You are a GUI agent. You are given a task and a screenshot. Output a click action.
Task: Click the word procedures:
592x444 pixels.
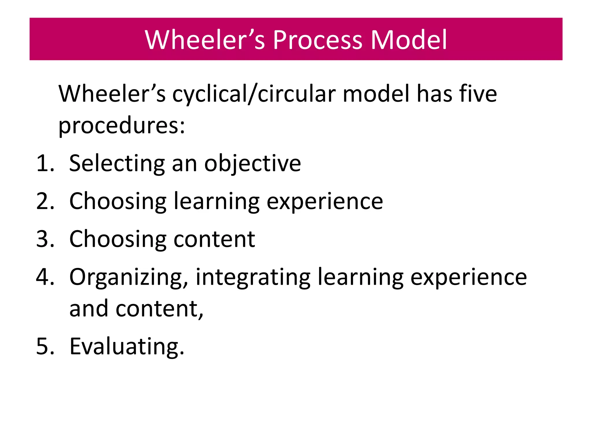coord(122,126)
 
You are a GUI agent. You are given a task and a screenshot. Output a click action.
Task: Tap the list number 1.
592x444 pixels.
coord(45,163)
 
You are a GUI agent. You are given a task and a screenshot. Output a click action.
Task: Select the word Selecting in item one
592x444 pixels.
coord(117,164)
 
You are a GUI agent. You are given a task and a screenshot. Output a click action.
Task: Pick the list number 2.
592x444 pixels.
coord(45,201)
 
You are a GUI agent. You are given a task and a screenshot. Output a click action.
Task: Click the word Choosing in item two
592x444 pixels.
coord(118,202)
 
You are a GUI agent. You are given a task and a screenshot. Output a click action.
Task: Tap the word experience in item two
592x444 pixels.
coord(325,202)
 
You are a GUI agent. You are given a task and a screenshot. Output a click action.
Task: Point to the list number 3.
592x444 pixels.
coord(45,239)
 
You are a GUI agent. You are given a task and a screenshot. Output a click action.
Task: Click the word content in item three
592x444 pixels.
coord(214,240)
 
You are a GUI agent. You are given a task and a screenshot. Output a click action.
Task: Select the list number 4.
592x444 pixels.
coord(45,277)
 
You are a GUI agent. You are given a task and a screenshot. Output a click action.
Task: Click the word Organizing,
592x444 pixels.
coord(129,277)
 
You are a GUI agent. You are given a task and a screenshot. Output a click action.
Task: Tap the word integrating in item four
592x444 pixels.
coord(253,277)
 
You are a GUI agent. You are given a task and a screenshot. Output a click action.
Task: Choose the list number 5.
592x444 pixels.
coord(45,346)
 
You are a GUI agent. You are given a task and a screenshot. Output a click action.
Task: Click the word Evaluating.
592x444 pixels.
coord(127,347)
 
